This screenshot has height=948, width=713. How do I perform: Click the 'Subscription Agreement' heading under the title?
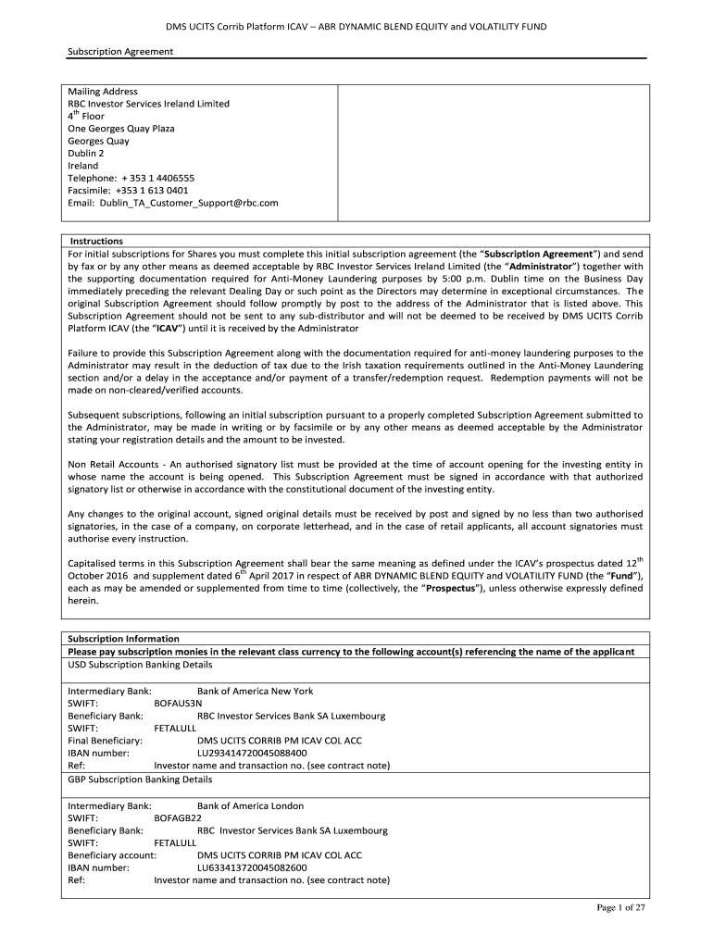pos(120,52)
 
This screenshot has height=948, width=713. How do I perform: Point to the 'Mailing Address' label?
pos(103,92)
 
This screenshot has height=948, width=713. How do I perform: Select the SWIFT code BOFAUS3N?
pos(178,704)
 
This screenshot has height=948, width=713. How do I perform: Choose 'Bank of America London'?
pos(250,805)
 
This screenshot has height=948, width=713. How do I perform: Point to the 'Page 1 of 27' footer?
pos(619,907)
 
